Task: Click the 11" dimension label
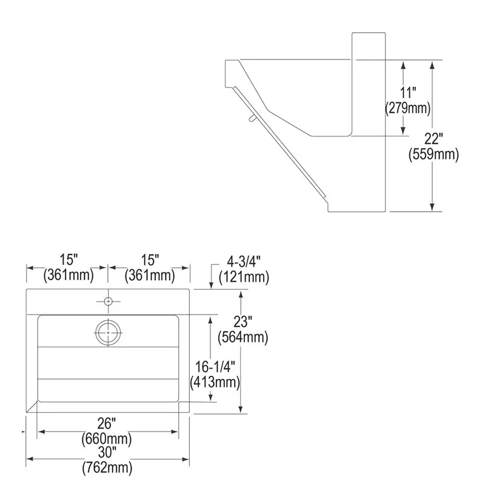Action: pos(408,93)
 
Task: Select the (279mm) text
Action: pos(407,109)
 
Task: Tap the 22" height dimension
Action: pos(433,139)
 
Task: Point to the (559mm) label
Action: pos(433,154)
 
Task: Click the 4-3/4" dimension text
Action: pos(244,262)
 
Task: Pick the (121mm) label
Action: pos(244,277)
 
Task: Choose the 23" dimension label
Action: pos(243,322)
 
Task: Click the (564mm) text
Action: pos(243,337)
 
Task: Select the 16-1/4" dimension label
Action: pos(215,367)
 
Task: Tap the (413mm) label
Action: pos(215,383)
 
